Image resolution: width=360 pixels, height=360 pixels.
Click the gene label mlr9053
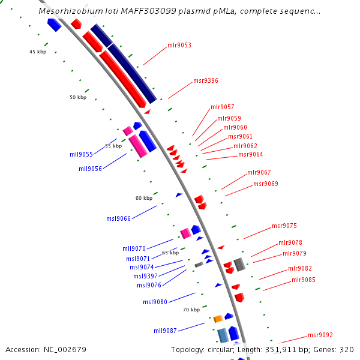[x=179, y=46]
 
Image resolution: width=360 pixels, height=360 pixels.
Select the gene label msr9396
[x=206, y=81]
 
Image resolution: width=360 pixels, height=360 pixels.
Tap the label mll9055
[x=81, y=154]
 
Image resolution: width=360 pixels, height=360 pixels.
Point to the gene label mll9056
[x=90, y=169]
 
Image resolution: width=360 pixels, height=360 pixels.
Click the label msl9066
[x=118, y=218]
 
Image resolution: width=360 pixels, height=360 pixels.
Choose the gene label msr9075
[x=284, y=226]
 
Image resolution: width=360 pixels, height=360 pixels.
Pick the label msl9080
[x=155, y=302]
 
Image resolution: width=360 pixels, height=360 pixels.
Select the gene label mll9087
[x=165, y=331]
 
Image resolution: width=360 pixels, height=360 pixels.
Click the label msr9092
[x=320, y=335]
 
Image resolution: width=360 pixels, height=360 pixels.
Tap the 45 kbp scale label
[x=38, y=52]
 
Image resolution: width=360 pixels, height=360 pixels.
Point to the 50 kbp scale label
[x=78, y=97]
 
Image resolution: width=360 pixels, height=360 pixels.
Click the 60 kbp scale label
[x=144, y=198]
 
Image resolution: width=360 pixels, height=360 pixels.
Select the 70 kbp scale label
[x=191, y=310]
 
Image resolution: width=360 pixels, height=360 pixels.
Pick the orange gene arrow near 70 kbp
[x=218, y=319]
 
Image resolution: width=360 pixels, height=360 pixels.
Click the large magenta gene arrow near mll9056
[x=138, y=146]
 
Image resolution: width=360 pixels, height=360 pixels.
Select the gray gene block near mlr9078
[x=239, y=264]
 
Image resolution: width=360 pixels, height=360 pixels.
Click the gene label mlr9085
[x=304, y=280]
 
